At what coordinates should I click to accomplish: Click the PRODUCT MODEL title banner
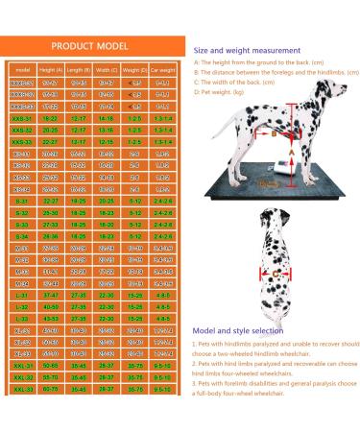coord(92,46)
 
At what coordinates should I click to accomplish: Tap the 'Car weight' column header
coord(163,70)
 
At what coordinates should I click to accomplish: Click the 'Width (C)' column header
coord(107,70)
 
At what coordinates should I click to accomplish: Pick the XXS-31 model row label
coord(21,119)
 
